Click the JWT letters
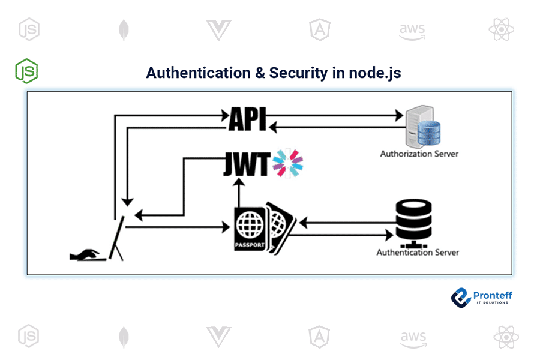click(246, 164)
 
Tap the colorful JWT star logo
click(288, 164)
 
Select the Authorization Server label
click(419, 154)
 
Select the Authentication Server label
click(417, 252)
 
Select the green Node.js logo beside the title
click(26, 71)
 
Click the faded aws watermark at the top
click(412, 29)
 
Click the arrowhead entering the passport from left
click(227, 227)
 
